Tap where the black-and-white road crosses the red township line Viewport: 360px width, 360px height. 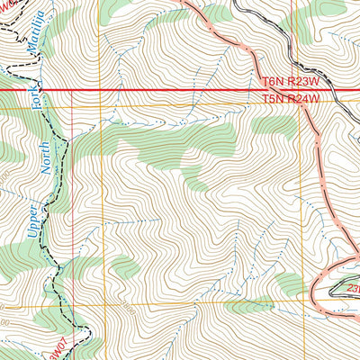pyautogui.click(x=330, y=91)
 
